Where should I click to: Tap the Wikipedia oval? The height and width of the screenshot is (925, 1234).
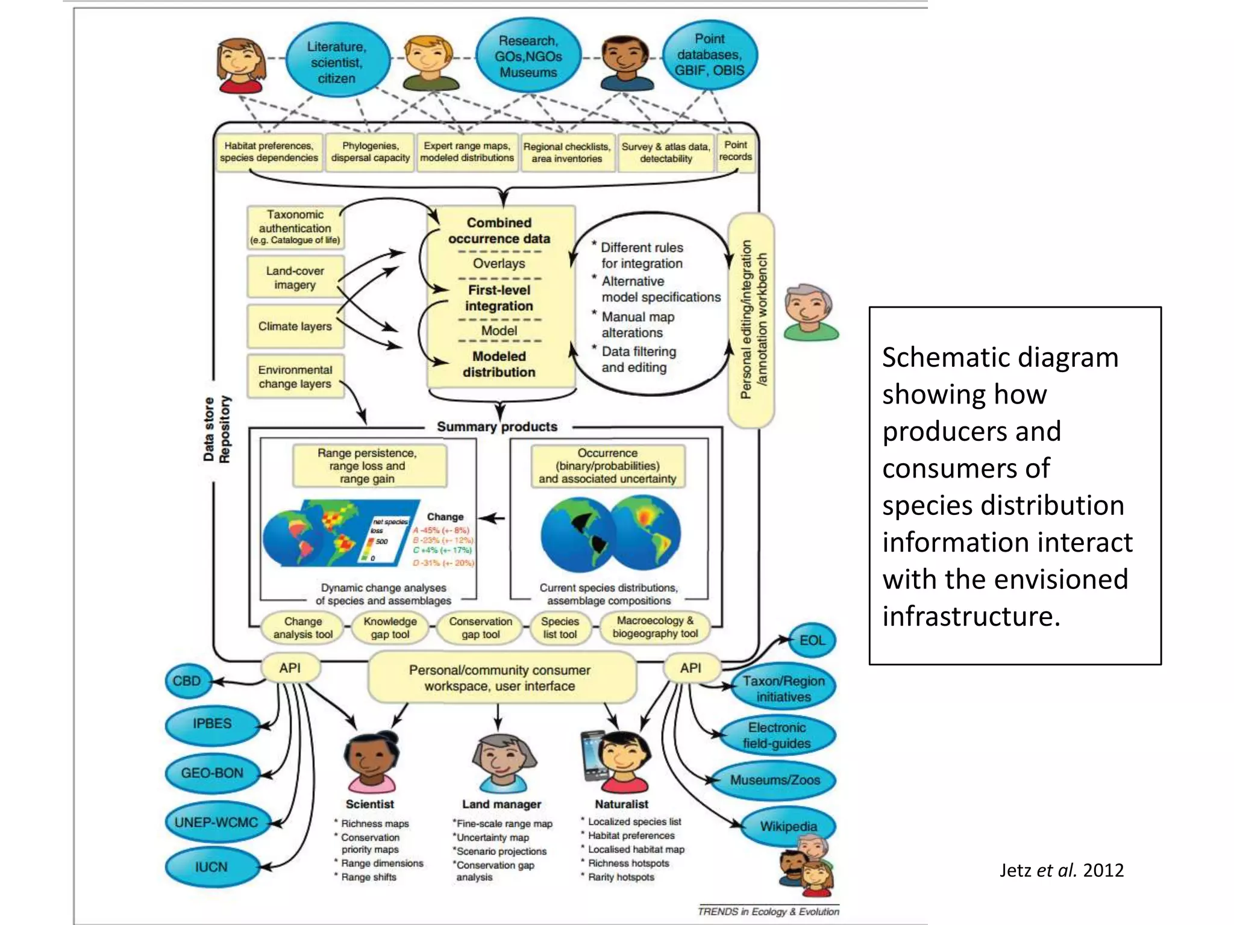tap(788, 826)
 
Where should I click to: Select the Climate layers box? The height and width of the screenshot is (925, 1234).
tap(295, 326)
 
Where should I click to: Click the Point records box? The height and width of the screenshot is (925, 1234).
tap(735, 151)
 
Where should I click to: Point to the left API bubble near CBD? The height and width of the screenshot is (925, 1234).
tap(290, 668)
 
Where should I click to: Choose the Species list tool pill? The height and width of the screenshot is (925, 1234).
tap(560, 628)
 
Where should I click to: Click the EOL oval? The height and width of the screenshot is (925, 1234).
tap(812, 640)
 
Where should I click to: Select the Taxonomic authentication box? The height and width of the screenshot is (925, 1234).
tap(295, 227)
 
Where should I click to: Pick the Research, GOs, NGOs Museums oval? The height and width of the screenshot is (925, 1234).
tap(528, 57)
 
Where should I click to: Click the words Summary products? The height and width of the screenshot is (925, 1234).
tap(497, 426)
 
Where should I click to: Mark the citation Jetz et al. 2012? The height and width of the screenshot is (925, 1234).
tap(1062, 870)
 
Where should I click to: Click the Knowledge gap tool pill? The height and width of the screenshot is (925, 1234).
tap(390, 628)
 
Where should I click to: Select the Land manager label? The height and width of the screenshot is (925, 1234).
tap(501, 804)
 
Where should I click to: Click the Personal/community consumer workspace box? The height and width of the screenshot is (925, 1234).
tap(500, 678)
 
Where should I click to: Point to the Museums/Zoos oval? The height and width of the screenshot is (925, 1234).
tap(775, 780)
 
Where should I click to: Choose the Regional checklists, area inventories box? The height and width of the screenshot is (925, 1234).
tap(566, 153)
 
